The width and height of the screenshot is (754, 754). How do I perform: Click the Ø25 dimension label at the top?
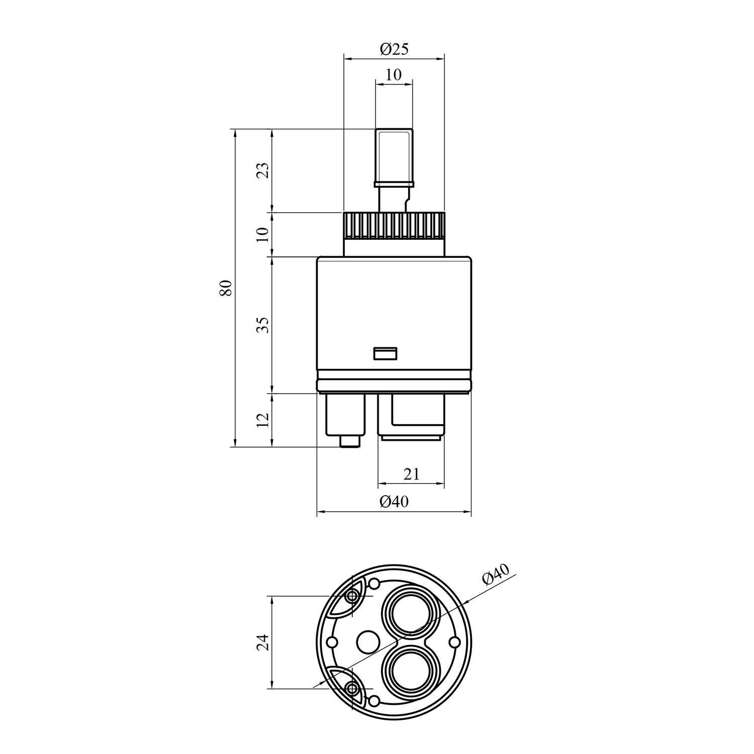pyautogui.click(x=395, y=49)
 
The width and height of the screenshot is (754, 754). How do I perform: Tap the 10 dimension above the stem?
pyautogui.click(x=394, y=75)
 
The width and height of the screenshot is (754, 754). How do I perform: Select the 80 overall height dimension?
pyautogui.click(x=226, y=288)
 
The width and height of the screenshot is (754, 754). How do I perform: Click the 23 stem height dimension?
pyautogui.click(x=265, y=171)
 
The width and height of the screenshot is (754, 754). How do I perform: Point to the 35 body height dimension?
pyautogui.click(x=265, y=325)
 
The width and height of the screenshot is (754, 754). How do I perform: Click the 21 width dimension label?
pyautogui.click(x=411, y=474)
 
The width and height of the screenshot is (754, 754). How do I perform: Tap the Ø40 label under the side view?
pyautogui.click(x=394, y=501)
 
